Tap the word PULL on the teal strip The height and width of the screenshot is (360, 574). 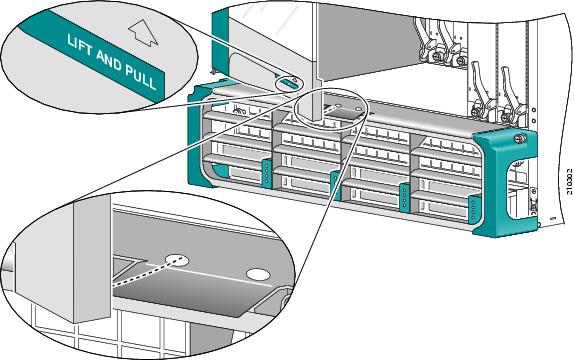140,82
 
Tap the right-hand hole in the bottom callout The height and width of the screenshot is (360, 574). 259,273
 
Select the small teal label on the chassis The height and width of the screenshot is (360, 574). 287,83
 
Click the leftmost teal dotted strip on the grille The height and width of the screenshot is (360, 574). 266,171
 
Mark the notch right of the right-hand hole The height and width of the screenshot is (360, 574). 284,296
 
